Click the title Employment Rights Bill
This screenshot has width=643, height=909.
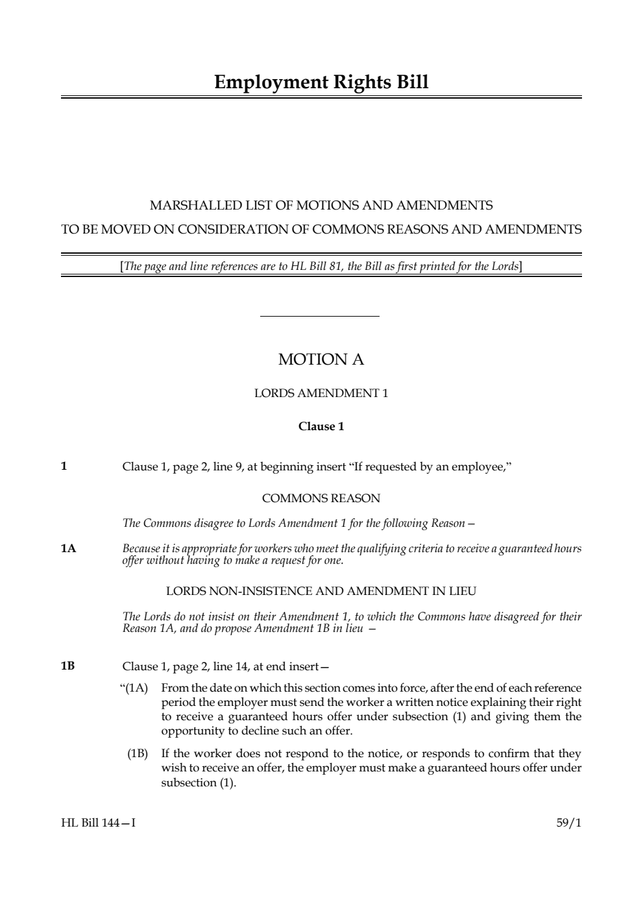point(321,82)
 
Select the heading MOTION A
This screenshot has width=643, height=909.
point(321,359)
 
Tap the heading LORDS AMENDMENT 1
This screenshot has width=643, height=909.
point(321,393)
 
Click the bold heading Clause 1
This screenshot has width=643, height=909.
point(321,426)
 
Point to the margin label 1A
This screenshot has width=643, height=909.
point(68,549)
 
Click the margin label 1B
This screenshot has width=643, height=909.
point(68,666)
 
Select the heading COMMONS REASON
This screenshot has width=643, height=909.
point(321,498)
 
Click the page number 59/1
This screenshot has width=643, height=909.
point(568,823)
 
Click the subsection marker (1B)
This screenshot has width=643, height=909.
point(138,754)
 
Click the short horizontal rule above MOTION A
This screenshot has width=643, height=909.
point(319,317)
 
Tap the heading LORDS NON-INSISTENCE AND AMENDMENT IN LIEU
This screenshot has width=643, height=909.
point(321,591)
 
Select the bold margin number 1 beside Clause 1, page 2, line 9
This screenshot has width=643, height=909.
point(64,466)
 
